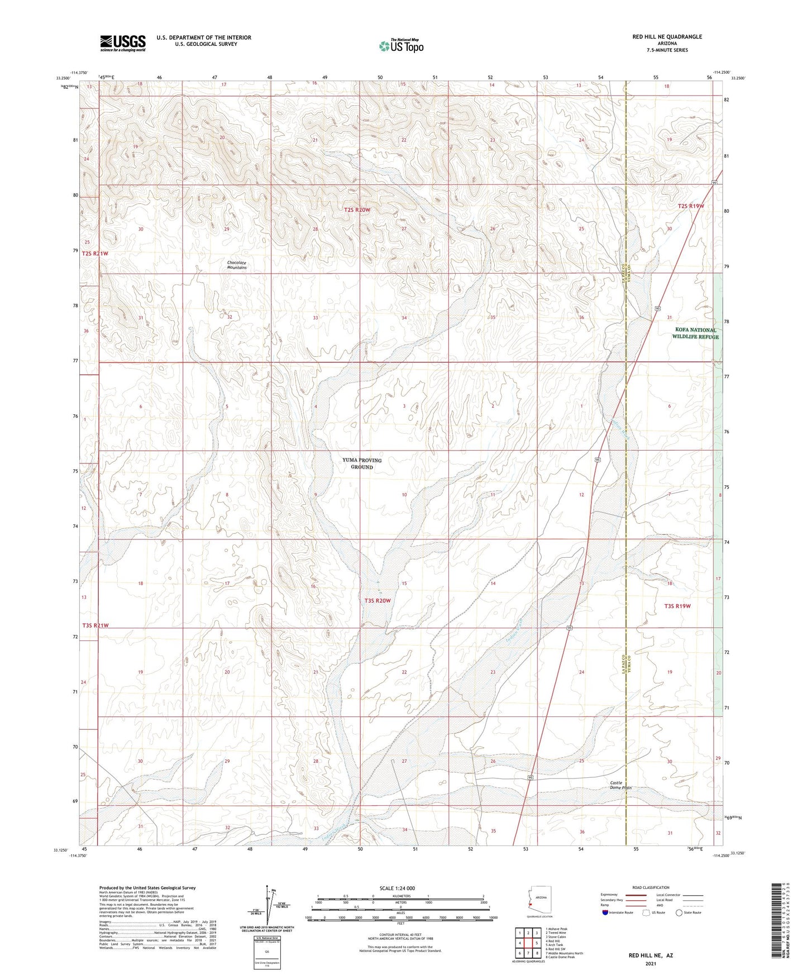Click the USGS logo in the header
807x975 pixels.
point(122,43)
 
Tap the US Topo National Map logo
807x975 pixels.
point(400,46)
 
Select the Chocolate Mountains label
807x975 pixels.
point(237,265)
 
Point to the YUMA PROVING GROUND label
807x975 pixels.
point(362,463)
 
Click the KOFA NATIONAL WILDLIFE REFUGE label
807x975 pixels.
point(695,333)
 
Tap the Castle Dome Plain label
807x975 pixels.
point(620,785)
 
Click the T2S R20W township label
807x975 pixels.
point(357,210)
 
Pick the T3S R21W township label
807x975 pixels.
point(95,625)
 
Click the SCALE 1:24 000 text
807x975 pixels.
point(397,888)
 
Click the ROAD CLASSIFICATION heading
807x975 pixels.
point(651,887)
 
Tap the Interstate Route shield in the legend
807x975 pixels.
point(605,912)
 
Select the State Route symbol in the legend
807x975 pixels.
point(679,912)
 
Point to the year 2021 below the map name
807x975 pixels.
point(651,964)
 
